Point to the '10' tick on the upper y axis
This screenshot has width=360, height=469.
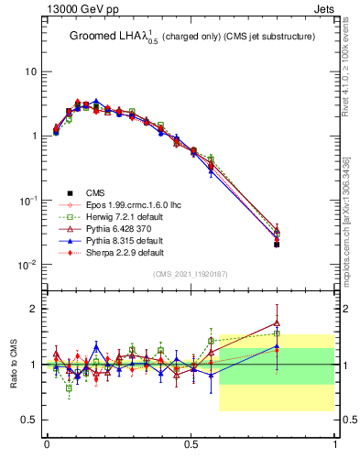coord(30,71)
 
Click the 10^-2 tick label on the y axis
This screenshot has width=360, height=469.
coord(27,264)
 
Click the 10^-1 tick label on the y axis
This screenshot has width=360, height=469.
coord(27,200)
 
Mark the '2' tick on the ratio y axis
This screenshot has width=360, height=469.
coord(35,309)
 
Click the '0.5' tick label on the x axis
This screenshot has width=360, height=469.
coord(191,444)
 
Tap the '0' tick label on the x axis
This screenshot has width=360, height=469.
coord(47,444)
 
